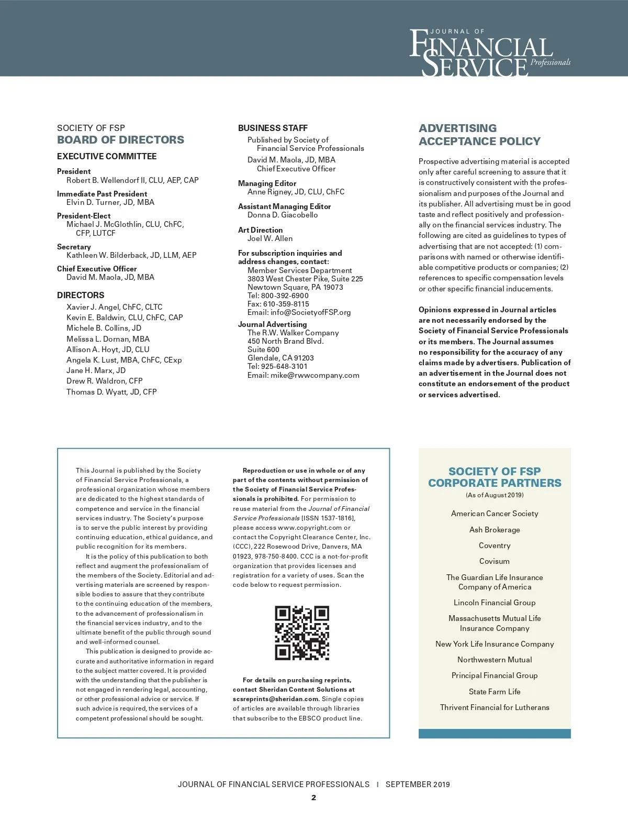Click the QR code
click(302, 633)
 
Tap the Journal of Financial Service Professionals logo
click(489, 52)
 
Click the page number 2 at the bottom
click(313, 798)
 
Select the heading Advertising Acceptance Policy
click(479, 135)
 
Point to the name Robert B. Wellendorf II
click(106, 180)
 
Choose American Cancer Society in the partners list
click(495, 514)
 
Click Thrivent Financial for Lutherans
click(495, 707)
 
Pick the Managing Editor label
click(267, 183)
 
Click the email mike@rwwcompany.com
click(315, 375)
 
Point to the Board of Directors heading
click(120, 140)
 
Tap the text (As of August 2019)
click(495, 495)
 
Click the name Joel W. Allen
click(270, 238)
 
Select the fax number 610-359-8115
click(286, 304)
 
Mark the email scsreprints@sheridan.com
click(275, 699)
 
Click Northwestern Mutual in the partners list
click(495, 660)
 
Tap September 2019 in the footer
click(418, 784)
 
